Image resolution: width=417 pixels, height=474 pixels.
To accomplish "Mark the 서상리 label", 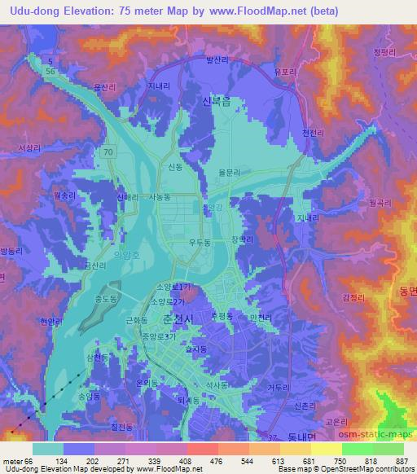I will [x=29, y=147].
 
